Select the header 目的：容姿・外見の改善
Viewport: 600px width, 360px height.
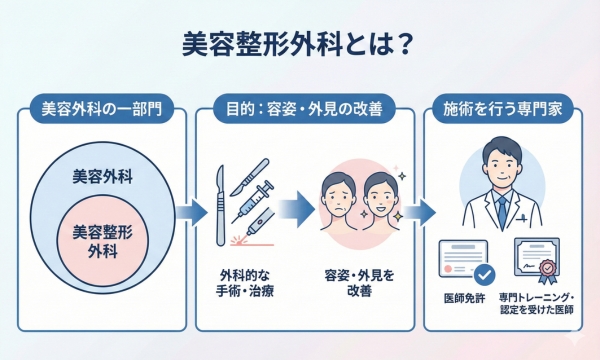[x=300, y=107]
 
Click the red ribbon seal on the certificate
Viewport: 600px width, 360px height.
[x=548, y=271]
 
